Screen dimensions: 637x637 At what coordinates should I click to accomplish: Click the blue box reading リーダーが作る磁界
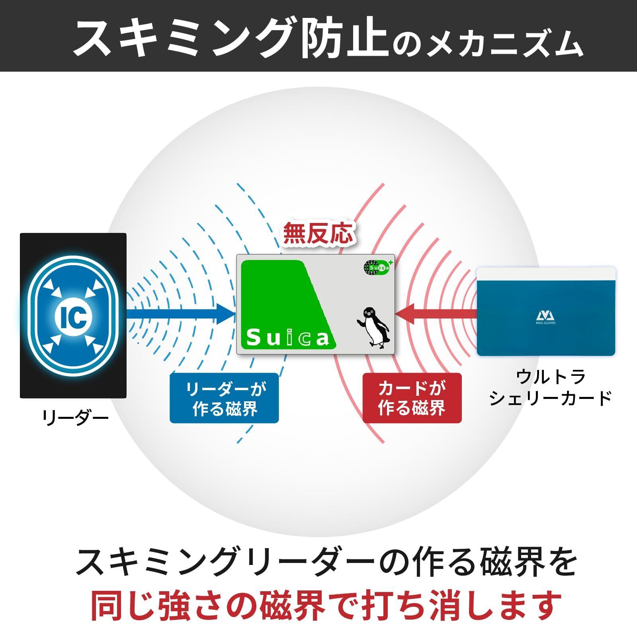pos(224,398)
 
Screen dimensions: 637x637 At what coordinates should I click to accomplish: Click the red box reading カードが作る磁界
pos(412,398)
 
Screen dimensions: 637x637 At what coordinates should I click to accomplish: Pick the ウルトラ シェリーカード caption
pos(550,387)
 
